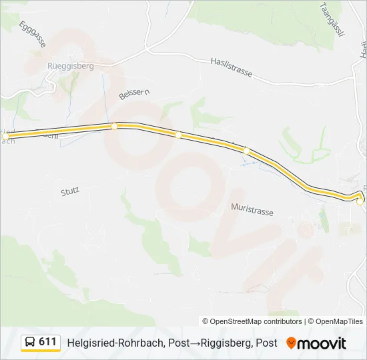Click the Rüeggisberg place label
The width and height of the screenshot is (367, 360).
(70, 66)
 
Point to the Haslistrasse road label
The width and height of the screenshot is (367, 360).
(231, 67)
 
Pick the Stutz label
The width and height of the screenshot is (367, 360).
(70, 190)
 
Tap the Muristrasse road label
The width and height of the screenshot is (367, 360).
(252, 211)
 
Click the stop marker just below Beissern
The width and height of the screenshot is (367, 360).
(115, 126)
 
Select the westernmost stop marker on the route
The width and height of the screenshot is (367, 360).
(5, 136)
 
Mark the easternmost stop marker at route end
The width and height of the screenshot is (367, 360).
(360, 201)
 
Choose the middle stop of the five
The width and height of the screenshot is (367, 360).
(178, 135)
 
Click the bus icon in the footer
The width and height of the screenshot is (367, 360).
(30, 343)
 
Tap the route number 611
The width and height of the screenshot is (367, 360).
(47, 342)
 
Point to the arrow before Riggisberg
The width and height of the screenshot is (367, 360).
(195, 343)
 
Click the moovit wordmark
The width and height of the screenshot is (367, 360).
(322, 343)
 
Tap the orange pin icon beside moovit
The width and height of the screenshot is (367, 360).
(291, 343)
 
